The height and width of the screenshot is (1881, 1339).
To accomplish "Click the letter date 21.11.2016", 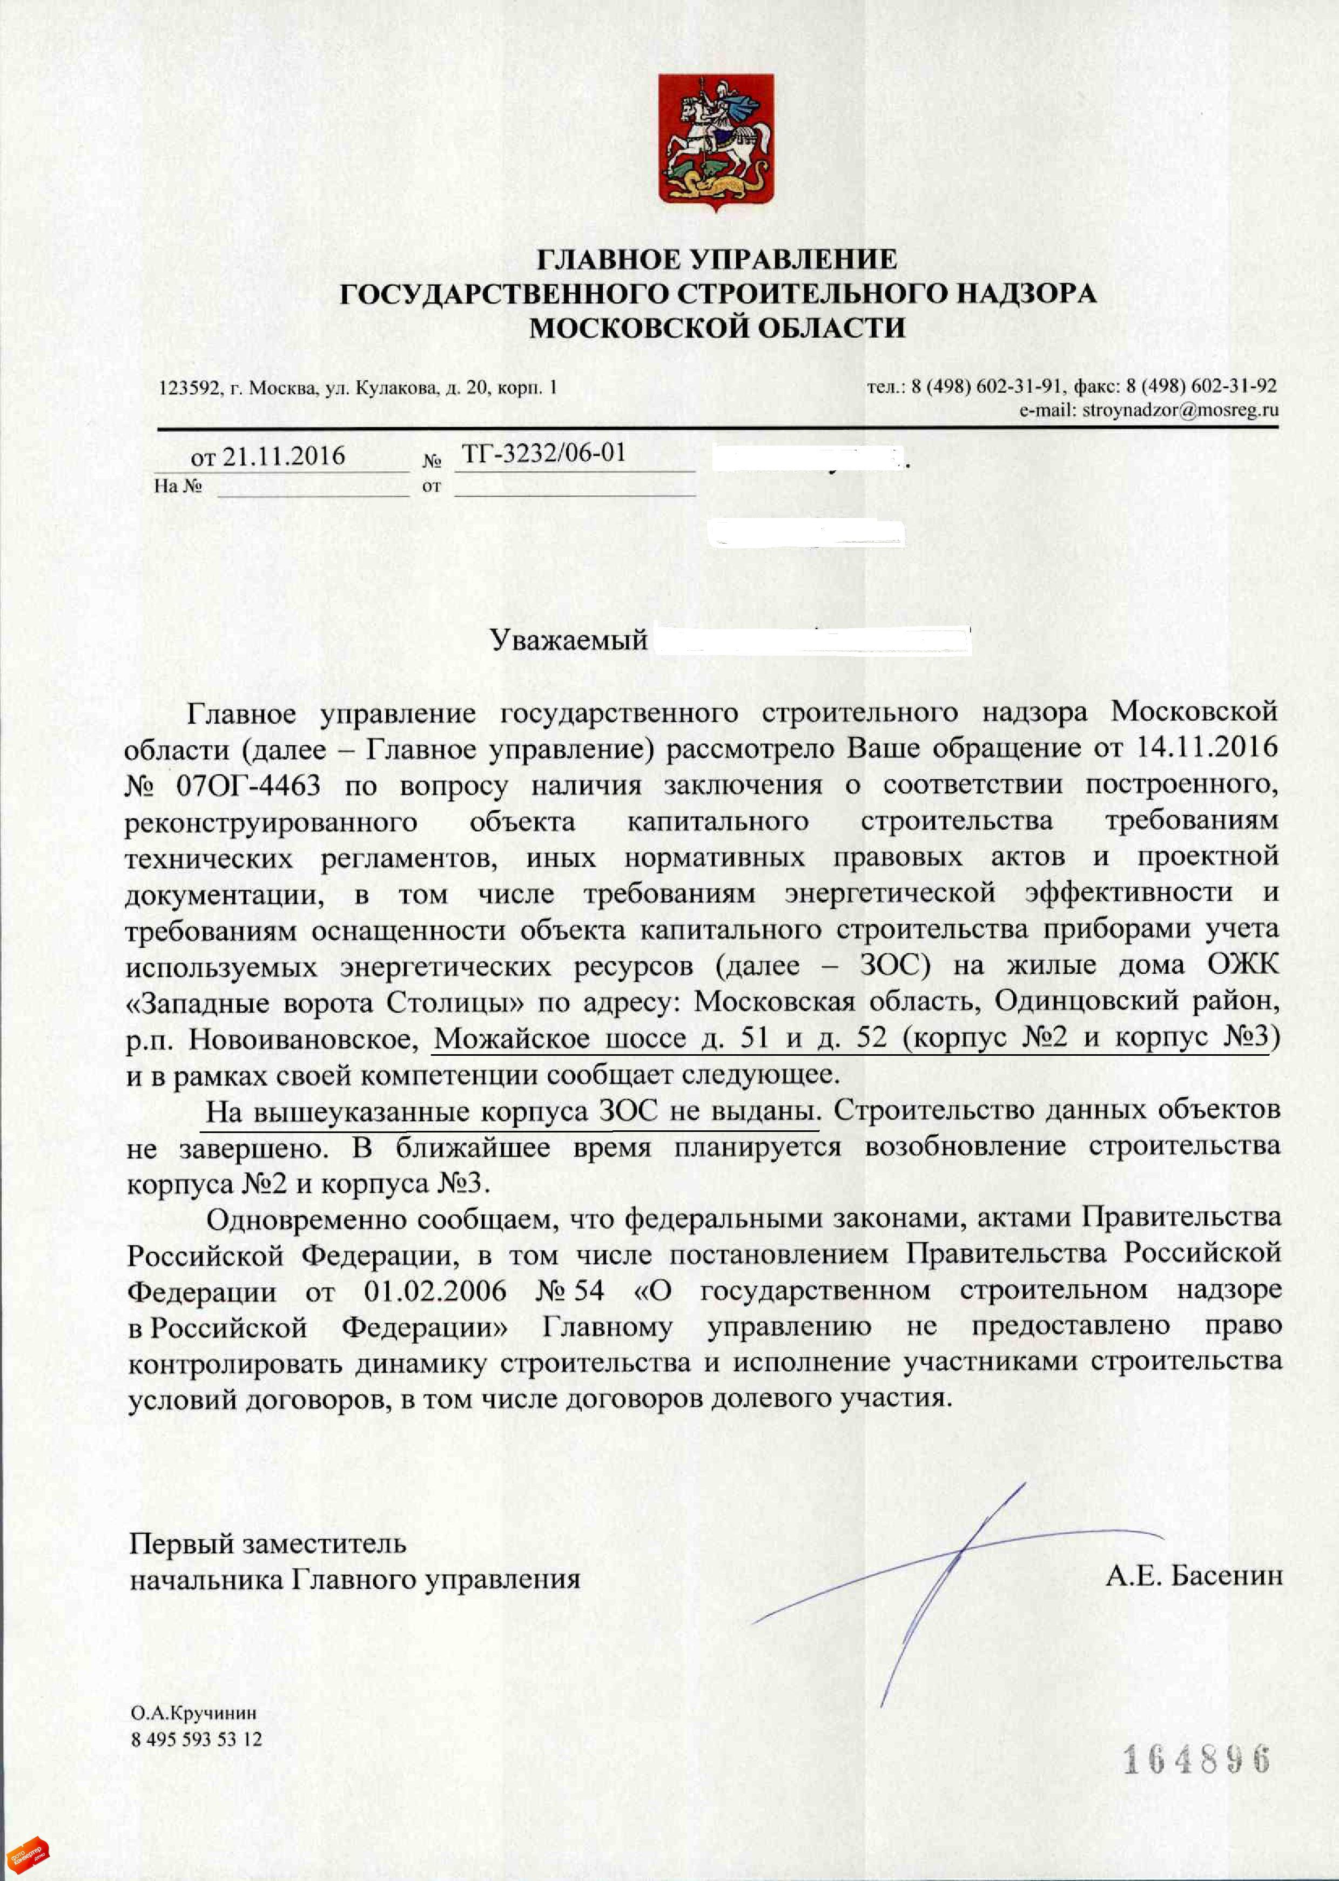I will click(283, 457).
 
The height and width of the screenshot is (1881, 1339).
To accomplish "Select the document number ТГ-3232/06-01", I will click(544, 453).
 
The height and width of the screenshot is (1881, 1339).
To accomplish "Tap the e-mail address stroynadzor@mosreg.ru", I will click(1180, 410).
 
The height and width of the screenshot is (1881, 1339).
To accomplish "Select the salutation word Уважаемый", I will click(569, 639).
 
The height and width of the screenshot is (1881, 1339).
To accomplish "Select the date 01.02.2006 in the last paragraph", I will click(434, 1291).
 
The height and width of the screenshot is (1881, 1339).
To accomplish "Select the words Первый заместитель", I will click(267, 1543).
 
